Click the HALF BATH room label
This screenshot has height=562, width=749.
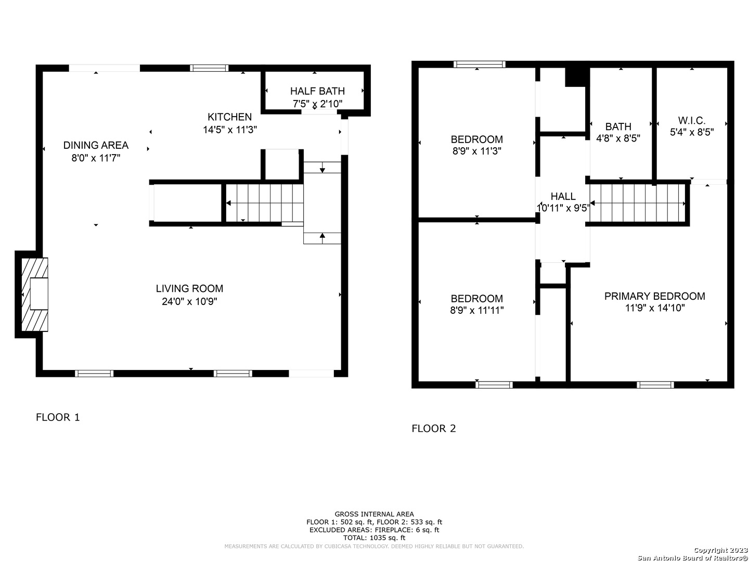pos(317,91)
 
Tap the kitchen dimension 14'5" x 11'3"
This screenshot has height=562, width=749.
pos(230,130)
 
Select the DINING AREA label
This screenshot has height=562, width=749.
pos(96,145)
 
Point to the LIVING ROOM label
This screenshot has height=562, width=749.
pos(189,288)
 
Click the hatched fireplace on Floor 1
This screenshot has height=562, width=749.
pos(35,294)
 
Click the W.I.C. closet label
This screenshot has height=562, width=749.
pos(692,120)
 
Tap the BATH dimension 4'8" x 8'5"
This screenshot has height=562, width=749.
pos(618,138)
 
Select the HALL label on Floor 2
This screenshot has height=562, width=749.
pos(563,196)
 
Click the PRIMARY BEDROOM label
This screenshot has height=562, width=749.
pos(654,296)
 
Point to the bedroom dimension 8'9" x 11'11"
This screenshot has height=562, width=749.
pos(476,310)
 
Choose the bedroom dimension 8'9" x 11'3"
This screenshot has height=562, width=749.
pos(476,151)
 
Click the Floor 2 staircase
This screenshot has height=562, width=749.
pos(637,203)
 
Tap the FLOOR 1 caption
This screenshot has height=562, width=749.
pos(58,417)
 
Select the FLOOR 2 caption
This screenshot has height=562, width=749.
pos(433,428)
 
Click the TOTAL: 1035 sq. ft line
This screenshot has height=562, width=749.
pos(374,538)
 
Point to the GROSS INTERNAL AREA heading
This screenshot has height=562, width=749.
pos(374,514)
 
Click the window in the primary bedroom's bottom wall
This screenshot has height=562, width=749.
pos(655,385)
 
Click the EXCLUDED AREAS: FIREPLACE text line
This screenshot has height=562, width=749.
pos(374,530)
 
